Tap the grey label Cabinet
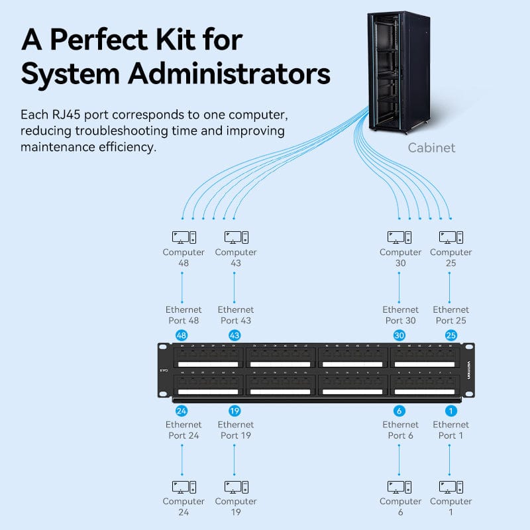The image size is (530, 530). pos(431,148)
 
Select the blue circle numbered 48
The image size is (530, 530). pos(182,336)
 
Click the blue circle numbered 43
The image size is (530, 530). pos(234,336)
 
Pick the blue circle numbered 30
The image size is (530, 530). pos(399,336)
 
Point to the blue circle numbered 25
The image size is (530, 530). pos(451,336)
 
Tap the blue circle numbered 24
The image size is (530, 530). pos(182,411)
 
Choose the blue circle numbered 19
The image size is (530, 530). pos(234,411)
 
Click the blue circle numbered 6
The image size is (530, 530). pos(399,411)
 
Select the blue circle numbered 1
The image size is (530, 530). pos(451,411)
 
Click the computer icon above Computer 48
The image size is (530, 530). pos(184,237)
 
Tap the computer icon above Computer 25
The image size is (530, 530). pos(450,237)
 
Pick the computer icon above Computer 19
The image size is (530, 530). pos(236,487)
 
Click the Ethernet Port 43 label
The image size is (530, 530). pos(236,315)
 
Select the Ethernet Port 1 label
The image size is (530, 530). pos(451,430)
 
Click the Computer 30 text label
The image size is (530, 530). pos(400,258)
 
